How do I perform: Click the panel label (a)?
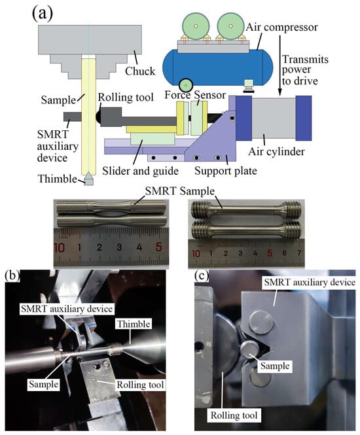click(x=42, y=14)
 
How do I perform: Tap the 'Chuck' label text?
click(x=140, y=71)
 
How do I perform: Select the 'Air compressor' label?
click(x=281, y=27)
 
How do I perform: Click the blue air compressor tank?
click(x=217, y=67)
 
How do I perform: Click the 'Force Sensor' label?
click(x=195, y=95)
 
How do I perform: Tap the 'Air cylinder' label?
click(x=276, y=152)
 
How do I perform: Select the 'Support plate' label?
click(x=226, y=170)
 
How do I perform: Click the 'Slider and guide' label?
click(x=140, y=171)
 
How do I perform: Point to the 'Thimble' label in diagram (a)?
click(x=57, y=179)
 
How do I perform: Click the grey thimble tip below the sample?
click(x=88, y=179)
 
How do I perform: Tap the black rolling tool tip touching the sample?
click(x=98, y=117)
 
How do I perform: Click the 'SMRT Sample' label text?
click(x=180, y=191)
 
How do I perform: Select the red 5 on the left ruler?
click(x=158, y=247)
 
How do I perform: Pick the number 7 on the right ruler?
click(x=298, y=253)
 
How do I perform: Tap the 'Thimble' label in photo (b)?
click(x=134, y=324)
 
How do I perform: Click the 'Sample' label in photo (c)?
click(x=275, y=366)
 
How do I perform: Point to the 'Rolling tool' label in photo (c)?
click(x=234, y=415)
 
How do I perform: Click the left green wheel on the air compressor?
click(x=196, y=26)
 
